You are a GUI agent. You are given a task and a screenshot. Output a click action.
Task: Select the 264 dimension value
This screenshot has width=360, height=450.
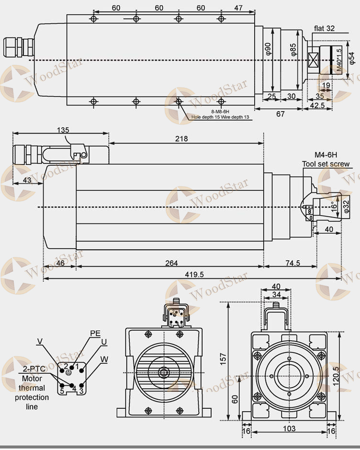[x=171, y=263]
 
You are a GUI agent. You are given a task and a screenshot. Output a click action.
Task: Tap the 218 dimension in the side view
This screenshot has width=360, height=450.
[x=181, y=139]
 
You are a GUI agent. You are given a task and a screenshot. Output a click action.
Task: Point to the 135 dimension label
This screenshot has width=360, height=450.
[x=63, y=130]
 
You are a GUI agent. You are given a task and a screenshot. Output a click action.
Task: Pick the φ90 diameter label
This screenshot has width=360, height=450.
[x=269, y=48]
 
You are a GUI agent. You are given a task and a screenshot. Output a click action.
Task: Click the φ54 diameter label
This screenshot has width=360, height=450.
[x=352, y=57]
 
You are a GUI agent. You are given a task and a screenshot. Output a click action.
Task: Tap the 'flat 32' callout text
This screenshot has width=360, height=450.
[x=324, y=28]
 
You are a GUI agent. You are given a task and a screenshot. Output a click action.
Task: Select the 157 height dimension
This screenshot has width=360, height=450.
[x=223, y=357]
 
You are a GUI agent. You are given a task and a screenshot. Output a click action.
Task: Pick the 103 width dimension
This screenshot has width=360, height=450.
[x=289, y=428]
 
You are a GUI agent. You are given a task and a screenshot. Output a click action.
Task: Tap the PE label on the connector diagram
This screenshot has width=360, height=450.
[x=95, y=334]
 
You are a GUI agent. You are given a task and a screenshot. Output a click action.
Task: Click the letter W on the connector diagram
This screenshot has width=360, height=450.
[x=104, y=358]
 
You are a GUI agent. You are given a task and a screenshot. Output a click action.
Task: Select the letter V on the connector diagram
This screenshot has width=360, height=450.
[x=40, y=341]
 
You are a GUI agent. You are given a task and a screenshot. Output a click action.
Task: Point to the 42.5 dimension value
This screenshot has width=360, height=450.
[x=317, y=105]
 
